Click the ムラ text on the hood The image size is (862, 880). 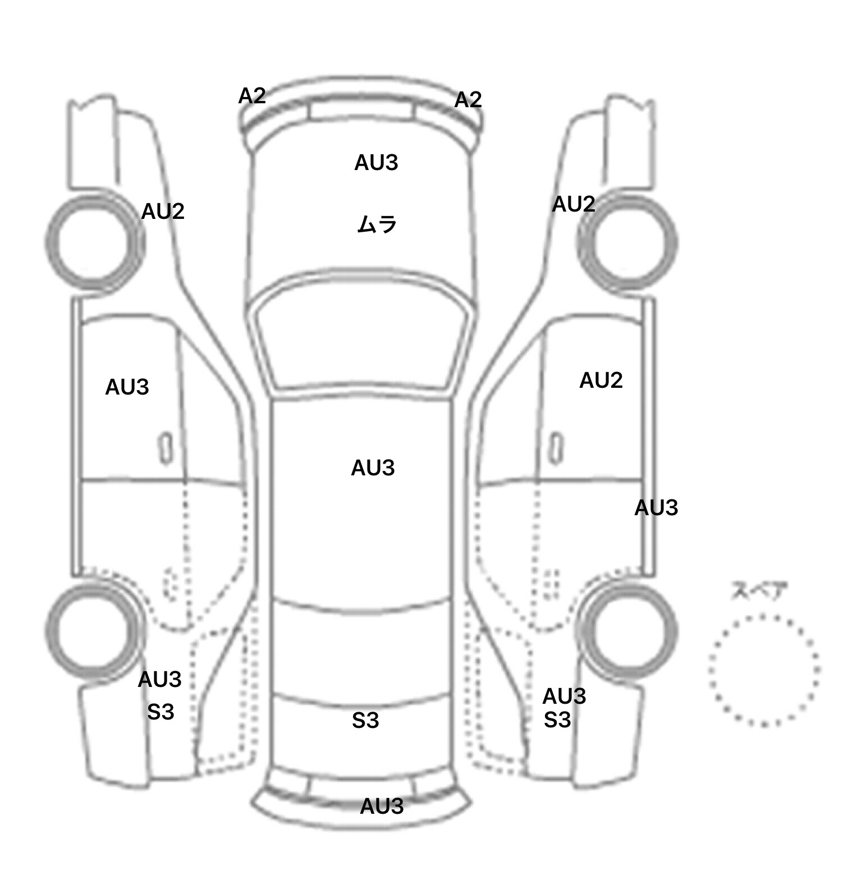[x=377, y=224]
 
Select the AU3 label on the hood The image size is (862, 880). [x=376, y=163]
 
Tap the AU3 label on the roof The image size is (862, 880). [x=373, y=468]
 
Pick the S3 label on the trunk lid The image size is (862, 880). [x=365, y=721]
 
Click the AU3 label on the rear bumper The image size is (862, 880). [x=382, y=806]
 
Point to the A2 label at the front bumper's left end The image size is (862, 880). [x=251, y=96]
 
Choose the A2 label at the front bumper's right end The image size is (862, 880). [x=467, y=100]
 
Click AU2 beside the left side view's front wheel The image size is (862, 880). [x=162, y=212]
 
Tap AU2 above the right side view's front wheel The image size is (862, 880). [x=573, y=204]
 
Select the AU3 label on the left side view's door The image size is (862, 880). [x=127, y=387]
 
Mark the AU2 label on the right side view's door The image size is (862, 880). [x=600, y=381]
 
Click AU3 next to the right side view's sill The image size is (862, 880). [x=656, y=508]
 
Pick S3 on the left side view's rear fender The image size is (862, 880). [x=161, y=712]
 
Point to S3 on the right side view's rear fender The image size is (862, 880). [x=557, y=719]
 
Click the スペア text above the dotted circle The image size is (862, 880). [x=759, y=592]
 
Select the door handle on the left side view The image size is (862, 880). [x=166, y=448]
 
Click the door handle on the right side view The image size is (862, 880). [x=556, y=447]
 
